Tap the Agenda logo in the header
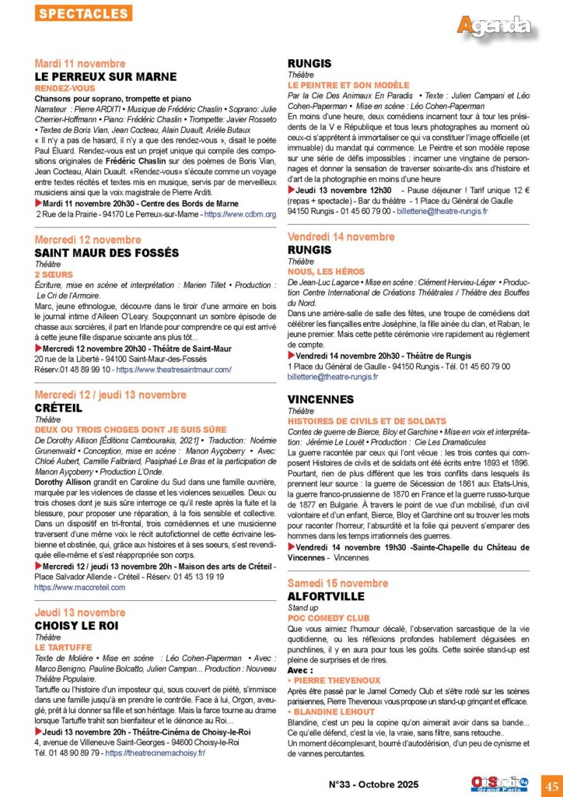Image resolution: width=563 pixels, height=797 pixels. pos(494,26)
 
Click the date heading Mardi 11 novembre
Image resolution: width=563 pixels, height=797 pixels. pos(80,63)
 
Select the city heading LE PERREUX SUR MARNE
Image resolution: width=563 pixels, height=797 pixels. pos(106,76)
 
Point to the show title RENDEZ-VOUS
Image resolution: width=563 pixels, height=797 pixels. pos(65,88)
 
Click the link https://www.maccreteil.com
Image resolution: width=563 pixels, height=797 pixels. pos(80,587)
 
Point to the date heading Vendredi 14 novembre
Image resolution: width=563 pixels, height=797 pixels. pos(341,237)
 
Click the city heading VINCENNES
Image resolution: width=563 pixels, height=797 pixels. pos(320,398)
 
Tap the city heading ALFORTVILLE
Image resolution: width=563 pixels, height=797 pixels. pos(326,595)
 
